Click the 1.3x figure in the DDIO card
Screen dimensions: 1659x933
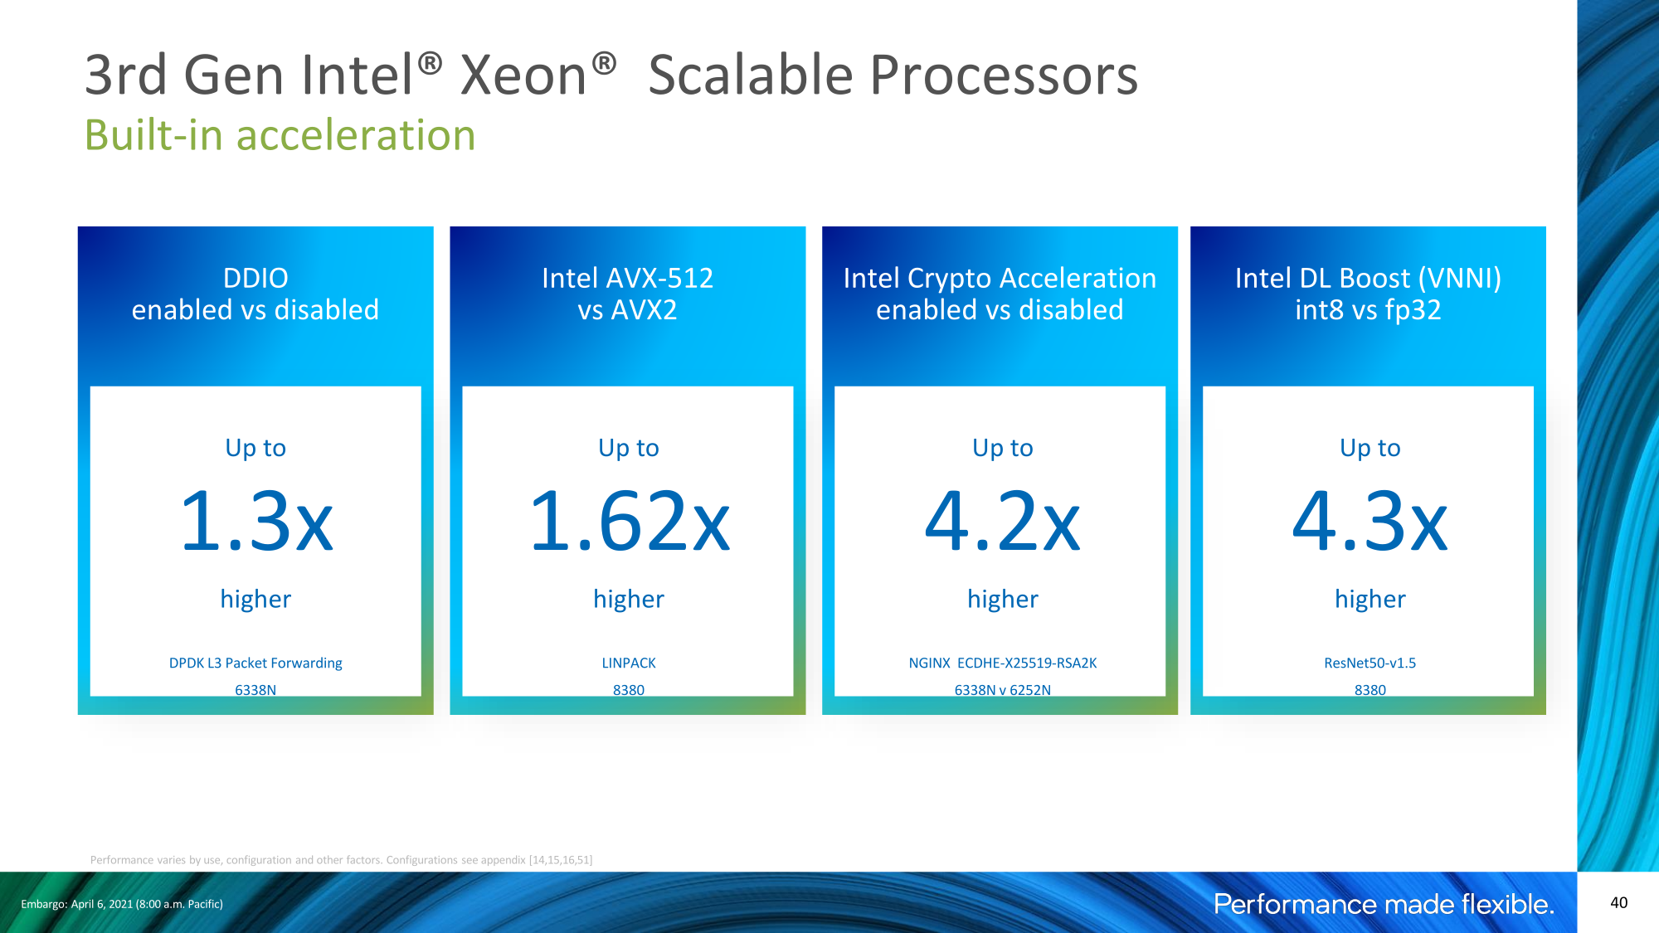point(256,522)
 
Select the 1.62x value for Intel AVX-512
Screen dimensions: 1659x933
point(630,522)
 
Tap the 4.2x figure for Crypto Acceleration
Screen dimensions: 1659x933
point(1003,522)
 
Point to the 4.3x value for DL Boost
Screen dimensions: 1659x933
point(1370,522)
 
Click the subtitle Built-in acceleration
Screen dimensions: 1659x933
point(280,135)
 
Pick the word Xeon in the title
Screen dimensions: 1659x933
point(524,75)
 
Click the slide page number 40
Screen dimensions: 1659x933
point(1618,903)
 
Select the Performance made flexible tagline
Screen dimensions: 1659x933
point(1384,904)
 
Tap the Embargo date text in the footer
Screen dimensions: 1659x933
point(122,904)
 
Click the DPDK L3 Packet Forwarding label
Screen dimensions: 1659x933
point(255,663)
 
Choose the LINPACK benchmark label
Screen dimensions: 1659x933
point(629,663)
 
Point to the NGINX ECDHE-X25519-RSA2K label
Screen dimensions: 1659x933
point(1003,663)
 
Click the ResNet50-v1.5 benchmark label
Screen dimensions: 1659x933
point(1370,663)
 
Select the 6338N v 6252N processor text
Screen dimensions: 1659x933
point(1003,690)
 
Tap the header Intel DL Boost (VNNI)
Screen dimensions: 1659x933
point(1369,279)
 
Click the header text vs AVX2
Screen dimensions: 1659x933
point(628,310)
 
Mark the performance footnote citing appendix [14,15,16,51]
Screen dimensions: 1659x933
point(341,860)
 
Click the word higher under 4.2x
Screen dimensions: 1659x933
point(1003,600)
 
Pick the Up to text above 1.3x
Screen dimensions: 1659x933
point(255,449)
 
